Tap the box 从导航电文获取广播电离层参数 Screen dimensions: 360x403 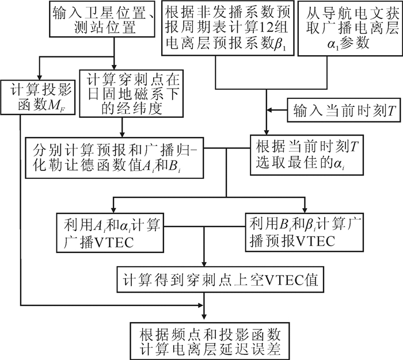click(349, 28)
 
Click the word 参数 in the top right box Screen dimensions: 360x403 click(349, 45)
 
